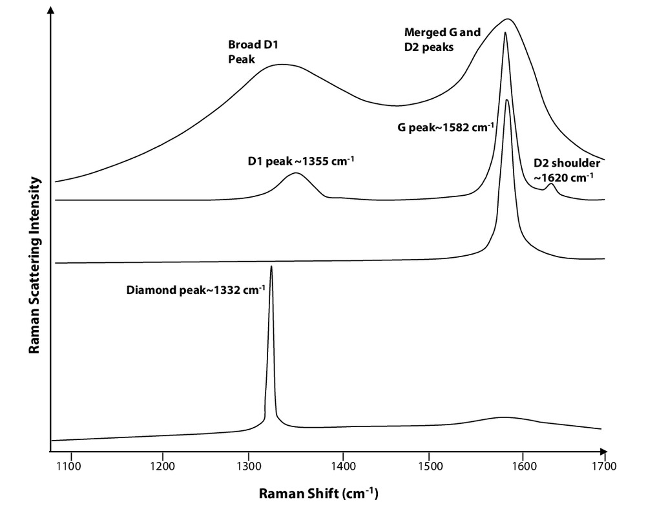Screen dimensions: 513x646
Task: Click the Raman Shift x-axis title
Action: [x=318, y=494]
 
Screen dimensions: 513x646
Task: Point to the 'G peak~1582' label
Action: [x=446, y=127]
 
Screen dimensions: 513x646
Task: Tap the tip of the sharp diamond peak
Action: [x=271, y=266]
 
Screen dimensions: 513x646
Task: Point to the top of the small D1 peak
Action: [x=295, y=173]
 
